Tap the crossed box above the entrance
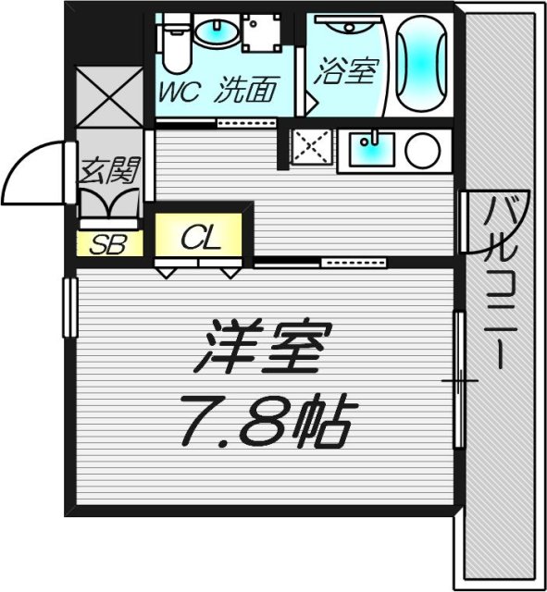click(109, 100)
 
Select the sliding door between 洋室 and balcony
click(457, 379)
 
